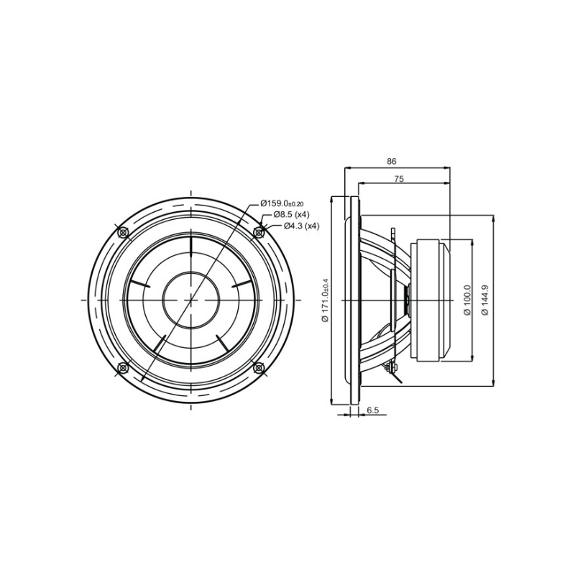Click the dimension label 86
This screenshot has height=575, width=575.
point(392,162)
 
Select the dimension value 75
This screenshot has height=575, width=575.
point(398,180)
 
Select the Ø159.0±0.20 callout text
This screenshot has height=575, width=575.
point(282,203)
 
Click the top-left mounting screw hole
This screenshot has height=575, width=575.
point(122,232)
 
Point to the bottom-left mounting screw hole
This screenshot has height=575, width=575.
point(122,368)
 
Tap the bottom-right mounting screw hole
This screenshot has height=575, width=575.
point(259,368)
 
